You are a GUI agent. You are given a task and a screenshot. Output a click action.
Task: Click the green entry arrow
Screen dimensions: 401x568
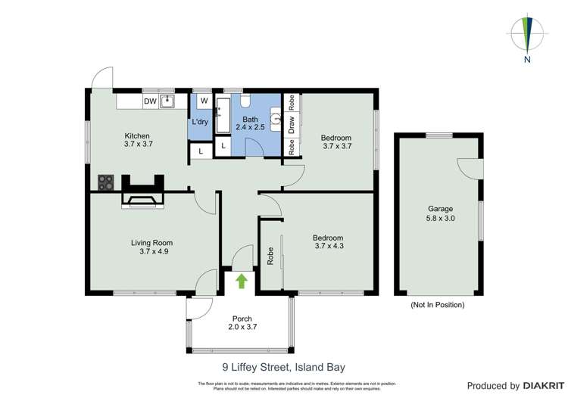pos(242,281)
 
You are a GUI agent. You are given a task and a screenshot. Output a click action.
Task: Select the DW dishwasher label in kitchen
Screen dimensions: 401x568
pos(150,101)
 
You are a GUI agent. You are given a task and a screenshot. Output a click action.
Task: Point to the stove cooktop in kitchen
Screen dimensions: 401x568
pos(105,183)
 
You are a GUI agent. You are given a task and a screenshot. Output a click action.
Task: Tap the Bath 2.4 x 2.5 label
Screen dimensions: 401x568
pos(249,123)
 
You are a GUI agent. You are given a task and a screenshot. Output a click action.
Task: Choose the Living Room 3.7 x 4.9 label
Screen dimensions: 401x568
pos(148,247)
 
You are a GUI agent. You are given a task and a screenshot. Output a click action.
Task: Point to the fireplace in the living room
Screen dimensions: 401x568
pos(142,201)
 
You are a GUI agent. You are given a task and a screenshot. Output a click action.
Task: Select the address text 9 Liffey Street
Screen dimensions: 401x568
pos(283,368)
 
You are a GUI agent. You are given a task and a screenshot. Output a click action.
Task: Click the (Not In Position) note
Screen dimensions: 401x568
pos(437,305)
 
